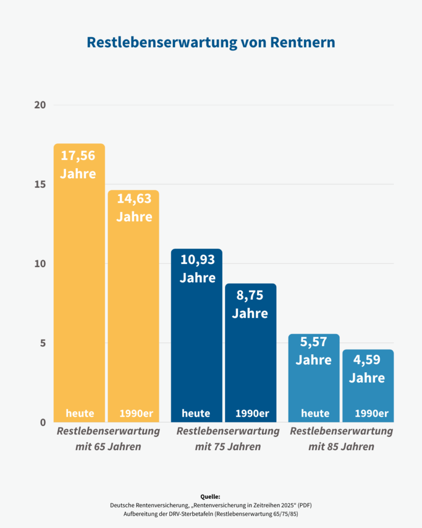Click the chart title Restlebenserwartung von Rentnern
211,42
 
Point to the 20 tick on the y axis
40,105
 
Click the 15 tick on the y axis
40,185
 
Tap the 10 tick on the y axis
40,264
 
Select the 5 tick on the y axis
43,343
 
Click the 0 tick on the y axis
43,423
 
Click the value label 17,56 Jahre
78,164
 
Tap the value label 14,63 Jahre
134,207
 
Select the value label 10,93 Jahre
197,268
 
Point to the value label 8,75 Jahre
250,304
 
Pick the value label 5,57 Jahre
313,351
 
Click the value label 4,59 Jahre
367,369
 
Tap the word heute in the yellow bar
80,413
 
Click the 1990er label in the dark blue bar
252,413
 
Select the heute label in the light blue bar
315,413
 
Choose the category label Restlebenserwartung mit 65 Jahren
108,438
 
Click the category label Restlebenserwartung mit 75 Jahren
228,438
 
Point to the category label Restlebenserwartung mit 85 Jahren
341,438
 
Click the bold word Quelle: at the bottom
210,497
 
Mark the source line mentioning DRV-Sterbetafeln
210,514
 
